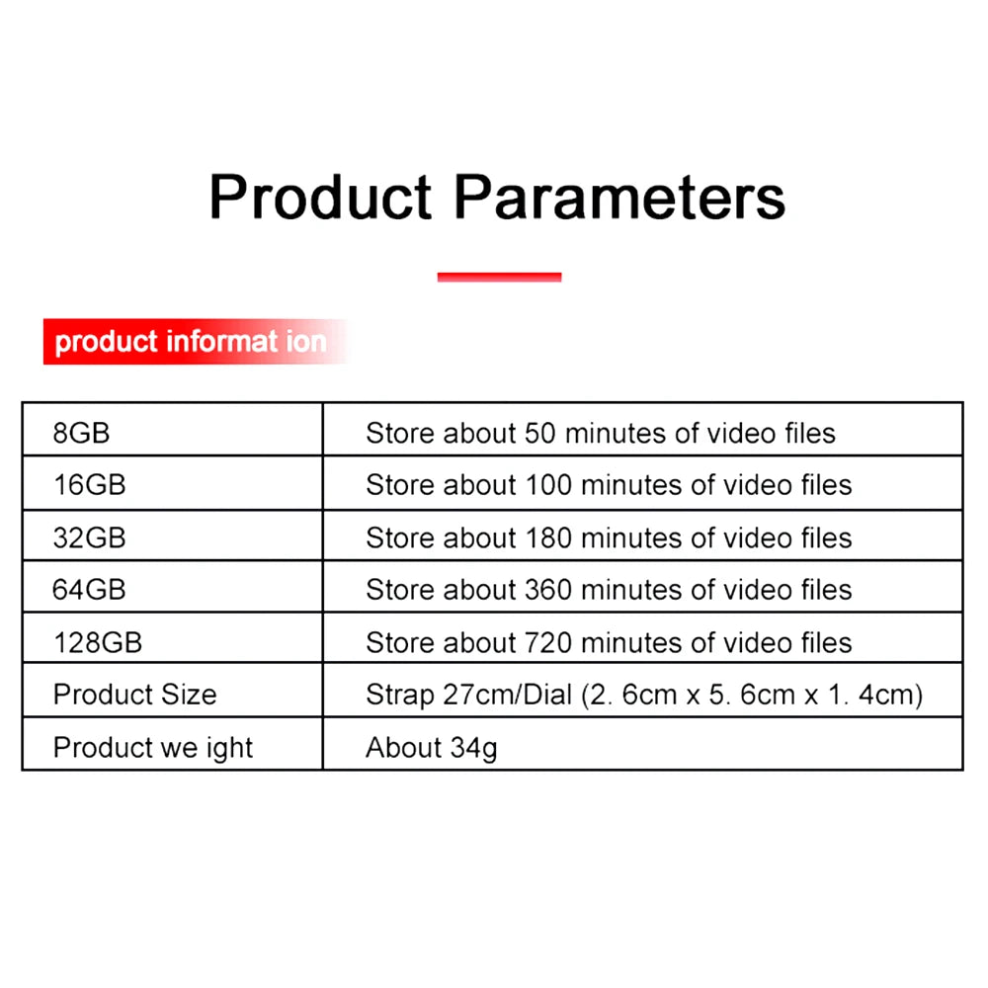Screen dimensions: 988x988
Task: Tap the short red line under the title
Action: pyautogui.click(x=499, y=278)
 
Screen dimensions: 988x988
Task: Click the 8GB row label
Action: pyautogui.click(x=81, y=433)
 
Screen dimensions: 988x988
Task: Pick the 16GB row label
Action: pyautogui.click(x=89, y=485)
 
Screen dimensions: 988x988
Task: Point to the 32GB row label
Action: pyautogui.click(x=89, y=537)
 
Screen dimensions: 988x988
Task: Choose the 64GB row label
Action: pyautogui.click(x=89, y=590)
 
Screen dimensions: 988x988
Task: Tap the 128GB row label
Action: pyautogui.click(x=97, y=642)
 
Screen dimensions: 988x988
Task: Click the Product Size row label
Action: pyautogui.click(x=134, y=695)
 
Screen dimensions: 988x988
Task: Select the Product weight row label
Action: pyautogui.click(x=153, y=747)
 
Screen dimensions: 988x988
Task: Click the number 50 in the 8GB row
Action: pyautogui.click(x=540, y=433)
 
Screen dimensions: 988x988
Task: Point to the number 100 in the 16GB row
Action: pyautogui.click(x=548, y=485)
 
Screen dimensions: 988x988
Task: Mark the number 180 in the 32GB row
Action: pyautogui.click(x=548, y=537)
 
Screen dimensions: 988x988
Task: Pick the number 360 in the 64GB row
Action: pyautogui.click(x=548, y=590)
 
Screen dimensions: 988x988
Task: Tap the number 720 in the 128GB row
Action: pyautogui.click(x=548, y=642)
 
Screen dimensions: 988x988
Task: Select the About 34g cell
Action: pyautogui.click(x=431, y=747)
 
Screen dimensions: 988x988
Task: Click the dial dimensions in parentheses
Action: pyautogui.click(x=752, y=695)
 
